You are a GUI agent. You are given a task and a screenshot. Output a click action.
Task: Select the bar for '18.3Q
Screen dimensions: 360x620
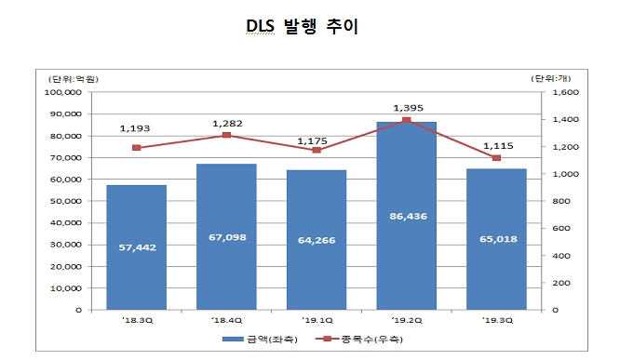[x=136, y=247]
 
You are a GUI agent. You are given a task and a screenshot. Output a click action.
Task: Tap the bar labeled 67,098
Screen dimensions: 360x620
[x=226, y=236]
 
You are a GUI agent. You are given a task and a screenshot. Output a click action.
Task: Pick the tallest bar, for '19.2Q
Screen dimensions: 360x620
[x=407, y=216]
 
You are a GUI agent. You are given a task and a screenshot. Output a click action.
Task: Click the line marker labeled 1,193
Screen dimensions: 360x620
[x=136, y=148]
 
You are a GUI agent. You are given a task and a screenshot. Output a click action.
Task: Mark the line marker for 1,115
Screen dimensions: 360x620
[x=496, y=158]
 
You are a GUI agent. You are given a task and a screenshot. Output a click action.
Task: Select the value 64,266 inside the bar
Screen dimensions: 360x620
[x=317, y=240]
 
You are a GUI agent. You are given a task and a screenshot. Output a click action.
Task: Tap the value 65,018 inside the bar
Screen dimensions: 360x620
[x=496, y=239]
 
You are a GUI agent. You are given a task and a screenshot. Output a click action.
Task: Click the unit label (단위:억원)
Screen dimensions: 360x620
[x=73, y=77]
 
